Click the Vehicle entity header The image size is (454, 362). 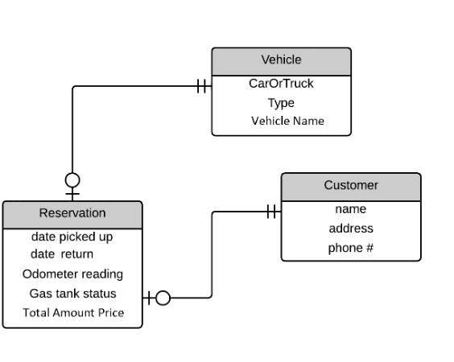click(x=281, y=60)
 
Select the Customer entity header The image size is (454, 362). click(x=350, y=186)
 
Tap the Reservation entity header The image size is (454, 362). click(x=72, y=213)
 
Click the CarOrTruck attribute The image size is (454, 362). click(x=281, y=84)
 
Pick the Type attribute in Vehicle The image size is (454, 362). click(x=281, y=103)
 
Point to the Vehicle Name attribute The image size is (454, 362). click(x=287, y=121)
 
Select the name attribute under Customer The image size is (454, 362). click(x=350, y=209)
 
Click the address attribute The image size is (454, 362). click(x=350, y=228)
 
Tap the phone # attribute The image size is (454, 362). click(x=350, y=248)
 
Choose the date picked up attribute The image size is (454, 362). click(x=72, y=237)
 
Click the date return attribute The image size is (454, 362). click(x=62, y=254)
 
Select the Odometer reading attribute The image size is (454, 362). click(x=72, y=274)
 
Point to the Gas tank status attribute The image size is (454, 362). click(x=72, y=294)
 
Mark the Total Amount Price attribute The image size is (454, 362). click(x=73, y=313)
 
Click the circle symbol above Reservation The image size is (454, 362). click(x=72, y=179)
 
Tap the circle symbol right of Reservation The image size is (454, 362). click(x=163, y=298)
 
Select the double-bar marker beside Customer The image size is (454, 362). click(x=272, y=212)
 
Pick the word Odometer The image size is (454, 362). click(x=48, y=274)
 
